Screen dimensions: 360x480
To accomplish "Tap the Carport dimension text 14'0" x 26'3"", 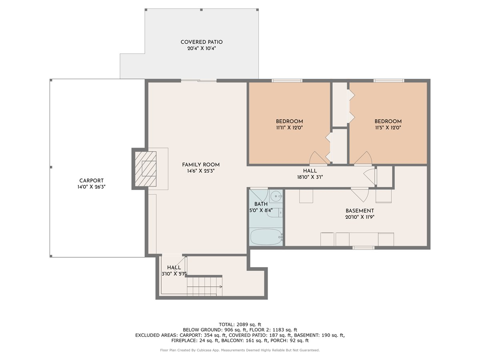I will coord(92,187).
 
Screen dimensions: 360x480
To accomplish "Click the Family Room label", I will coord(201,165).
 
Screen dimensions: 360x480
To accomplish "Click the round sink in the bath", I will coord(275,196).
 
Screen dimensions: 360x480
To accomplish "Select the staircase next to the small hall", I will coord(204,286).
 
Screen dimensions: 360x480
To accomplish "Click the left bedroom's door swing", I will coord(318,158).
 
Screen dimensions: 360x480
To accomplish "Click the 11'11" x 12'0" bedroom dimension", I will coord(289,128).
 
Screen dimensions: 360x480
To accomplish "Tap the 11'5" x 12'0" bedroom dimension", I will coord(388,128).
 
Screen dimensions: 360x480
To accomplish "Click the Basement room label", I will coord(360,211).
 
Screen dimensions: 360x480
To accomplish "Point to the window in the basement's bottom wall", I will coord(363,248).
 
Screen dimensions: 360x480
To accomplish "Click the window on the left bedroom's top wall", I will coord(287,81).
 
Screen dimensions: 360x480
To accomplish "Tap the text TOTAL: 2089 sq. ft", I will coord(240,324).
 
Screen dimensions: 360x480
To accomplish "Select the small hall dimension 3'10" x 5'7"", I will coord(174,274).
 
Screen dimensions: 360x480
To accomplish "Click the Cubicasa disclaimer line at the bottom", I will coord(240,350).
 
